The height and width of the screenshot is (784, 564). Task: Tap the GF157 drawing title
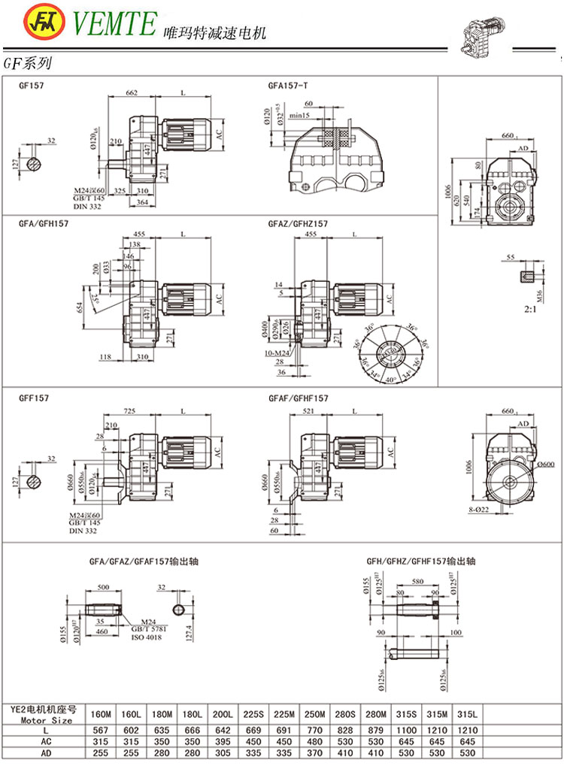[31, 86]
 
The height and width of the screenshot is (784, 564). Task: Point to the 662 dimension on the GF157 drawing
[132, 92]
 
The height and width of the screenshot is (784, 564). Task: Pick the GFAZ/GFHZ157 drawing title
[297, 224]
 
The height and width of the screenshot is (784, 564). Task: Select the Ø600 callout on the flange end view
[550, 465]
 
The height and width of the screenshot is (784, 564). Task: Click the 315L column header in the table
[468, 714]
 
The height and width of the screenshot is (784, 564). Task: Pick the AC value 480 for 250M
[317, 740]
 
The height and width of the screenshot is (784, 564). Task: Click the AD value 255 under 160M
[99, 752]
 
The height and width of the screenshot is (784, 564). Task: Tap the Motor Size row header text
[42, 719]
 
